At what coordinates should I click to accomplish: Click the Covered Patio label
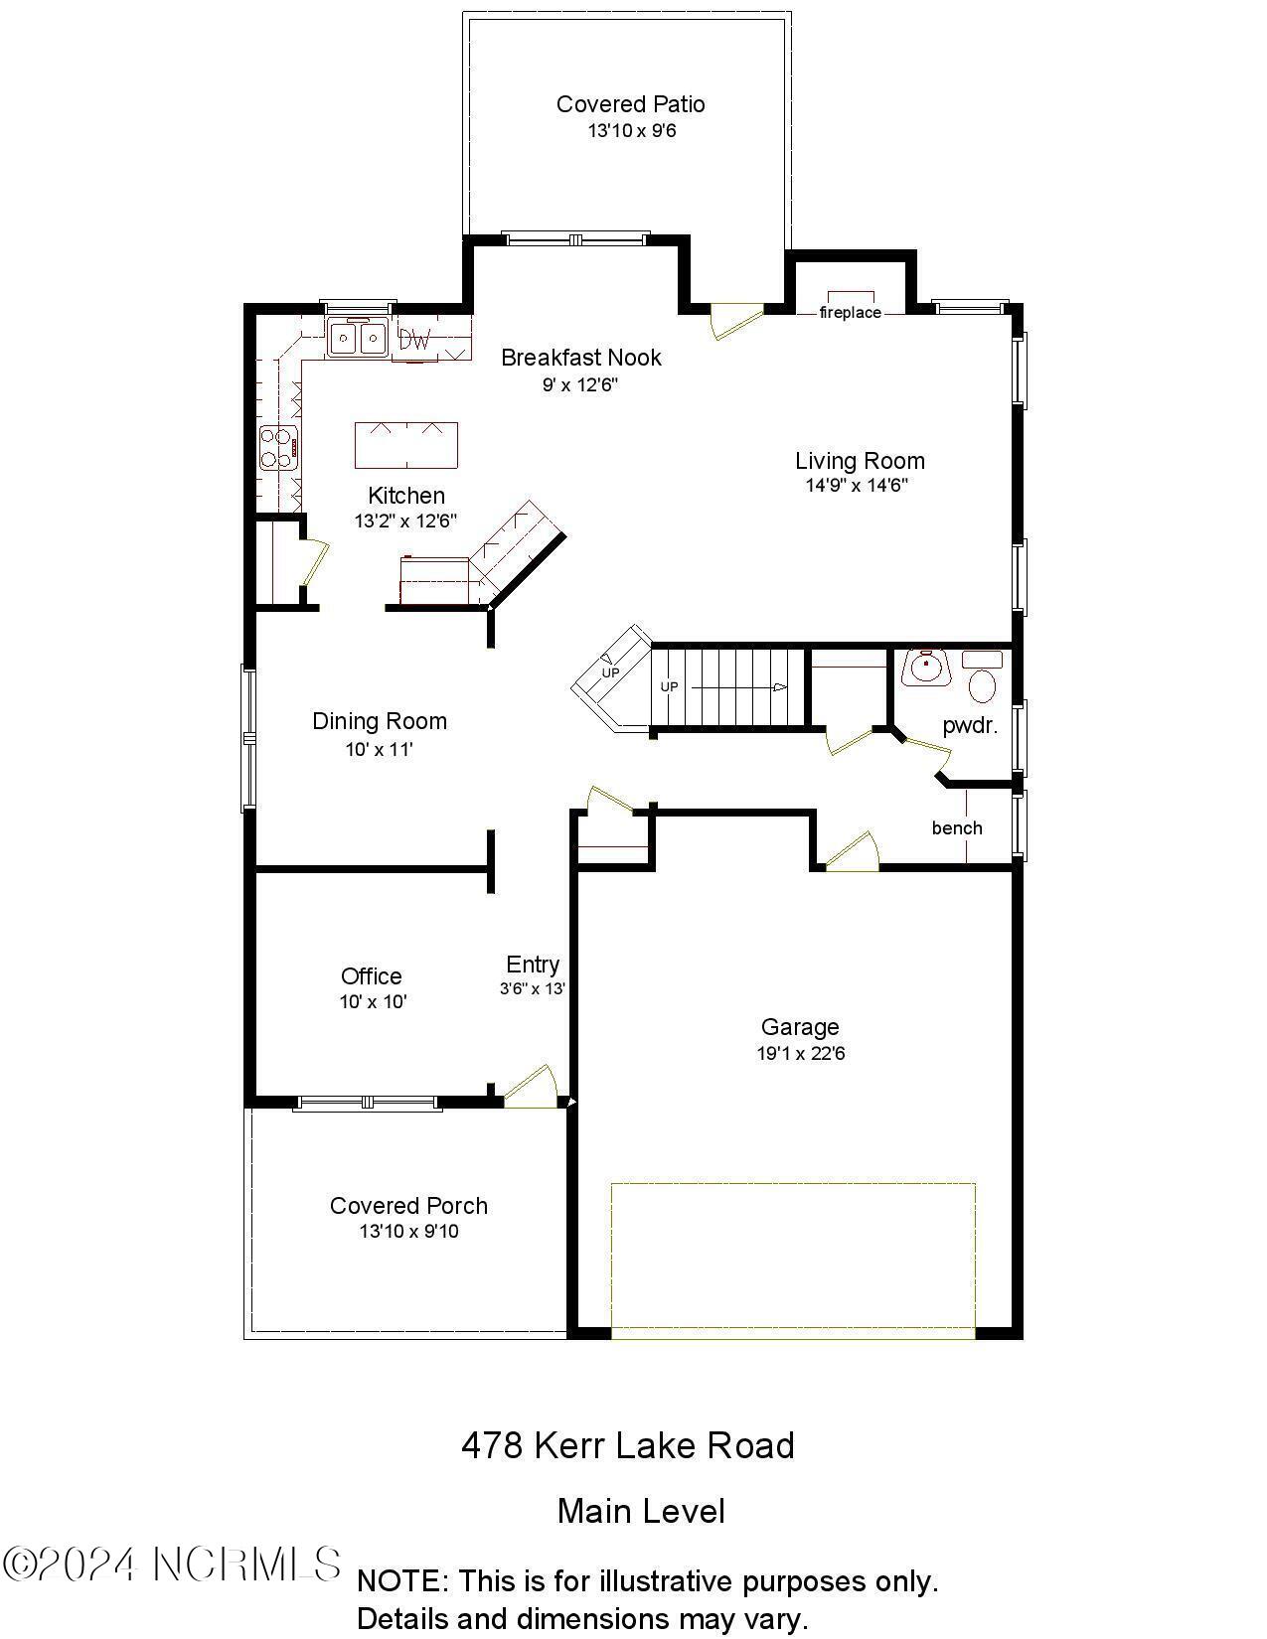click(x=630, y=104)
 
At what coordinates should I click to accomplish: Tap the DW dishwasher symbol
click(x=415, y=341)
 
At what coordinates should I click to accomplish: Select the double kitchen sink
click(x=357, y=339)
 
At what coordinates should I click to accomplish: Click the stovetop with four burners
click(x=278, y=447)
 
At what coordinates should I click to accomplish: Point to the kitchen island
click(x=406, y=445)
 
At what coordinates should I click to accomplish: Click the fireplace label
click(x=850, y=313)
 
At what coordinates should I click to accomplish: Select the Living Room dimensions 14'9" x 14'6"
click(x=857, y=486)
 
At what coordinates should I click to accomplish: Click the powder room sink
click(x=926, y=668)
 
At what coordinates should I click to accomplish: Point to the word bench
click(x=956, y=828)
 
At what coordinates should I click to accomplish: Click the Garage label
click(x=800, y=1027)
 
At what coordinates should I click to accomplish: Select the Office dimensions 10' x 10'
click(x=373, y=1002)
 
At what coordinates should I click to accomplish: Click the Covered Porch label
click(x=408, y=1206)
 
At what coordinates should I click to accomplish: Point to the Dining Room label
click(x=380, y=721)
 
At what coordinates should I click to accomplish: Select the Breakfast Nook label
click(x=580, y=358)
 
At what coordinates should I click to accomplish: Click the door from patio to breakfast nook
click(x=733, y=320)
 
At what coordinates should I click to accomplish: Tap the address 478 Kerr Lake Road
click(x=627, y=1445)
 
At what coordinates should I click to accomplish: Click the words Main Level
click(x=641, y=1512)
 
